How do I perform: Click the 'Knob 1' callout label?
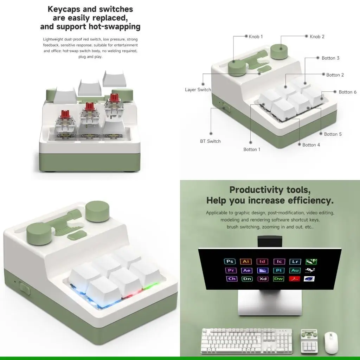(x=256, y=37)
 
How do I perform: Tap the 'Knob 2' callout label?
(x=317, y=37)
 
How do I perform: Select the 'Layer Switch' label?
(x=198, y=90)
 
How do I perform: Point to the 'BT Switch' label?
(x=210, y=141)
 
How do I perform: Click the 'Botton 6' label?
(x=347, y=92)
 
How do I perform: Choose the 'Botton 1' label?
(x=252, y=149)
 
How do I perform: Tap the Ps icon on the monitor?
(x=230, y=261)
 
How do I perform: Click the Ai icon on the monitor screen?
(x=246, y=261)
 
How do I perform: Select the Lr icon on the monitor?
(x=295, y=261)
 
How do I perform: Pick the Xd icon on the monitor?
(x=263, y=279)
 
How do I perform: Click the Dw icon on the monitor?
(x=278, y=279)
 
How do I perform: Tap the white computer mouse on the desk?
(x=331, y=343)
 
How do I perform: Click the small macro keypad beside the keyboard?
(x=309, y=341)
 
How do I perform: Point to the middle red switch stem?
(x=89, y=106)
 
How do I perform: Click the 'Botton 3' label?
(x=330, y=58)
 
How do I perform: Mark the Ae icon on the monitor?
(x=246, y=270)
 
